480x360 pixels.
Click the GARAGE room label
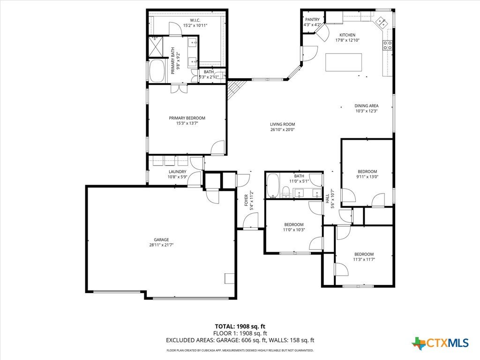click(x=161, y=240)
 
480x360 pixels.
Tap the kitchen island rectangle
click(x=344, y=62)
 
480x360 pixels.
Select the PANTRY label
click(x=312, y=20)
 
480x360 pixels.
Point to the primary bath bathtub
click(x=157, y=71)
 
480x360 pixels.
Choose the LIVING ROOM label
click(x=283, y=124)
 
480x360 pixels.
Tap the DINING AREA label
click(x=367, y=106)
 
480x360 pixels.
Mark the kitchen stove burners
click(x=388, y=45)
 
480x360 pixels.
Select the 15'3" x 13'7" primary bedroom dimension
click(x=187, y=123)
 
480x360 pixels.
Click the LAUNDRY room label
click(x=178, y=172)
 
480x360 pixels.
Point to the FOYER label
click(x=246, y=200)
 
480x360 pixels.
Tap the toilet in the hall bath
click(x=286, y=192)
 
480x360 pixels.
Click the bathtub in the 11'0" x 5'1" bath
click(x=272, y=186)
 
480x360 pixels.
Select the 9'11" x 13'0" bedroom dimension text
click(x=367, y=177)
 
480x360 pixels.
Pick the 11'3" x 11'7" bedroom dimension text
click(x=364, y=259)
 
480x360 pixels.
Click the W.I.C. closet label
click(x=195, y=20)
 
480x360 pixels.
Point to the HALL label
click(x=327, y=199)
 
